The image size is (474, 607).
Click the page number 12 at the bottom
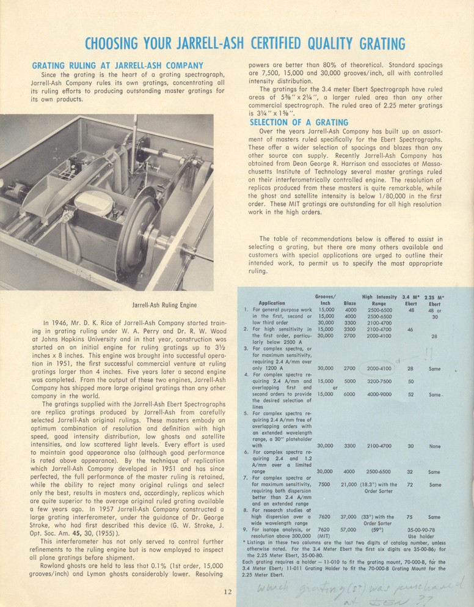coord(227,591)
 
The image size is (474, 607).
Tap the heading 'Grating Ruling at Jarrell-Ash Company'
coord(117,65)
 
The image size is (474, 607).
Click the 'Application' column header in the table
coord(272,303)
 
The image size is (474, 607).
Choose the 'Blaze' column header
coord(350,303)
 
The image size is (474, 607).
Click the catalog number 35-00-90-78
coord(435,529)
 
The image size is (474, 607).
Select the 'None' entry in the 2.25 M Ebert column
coord(435,446)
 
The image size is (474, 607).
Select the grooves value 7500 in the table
coord(324,484)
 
